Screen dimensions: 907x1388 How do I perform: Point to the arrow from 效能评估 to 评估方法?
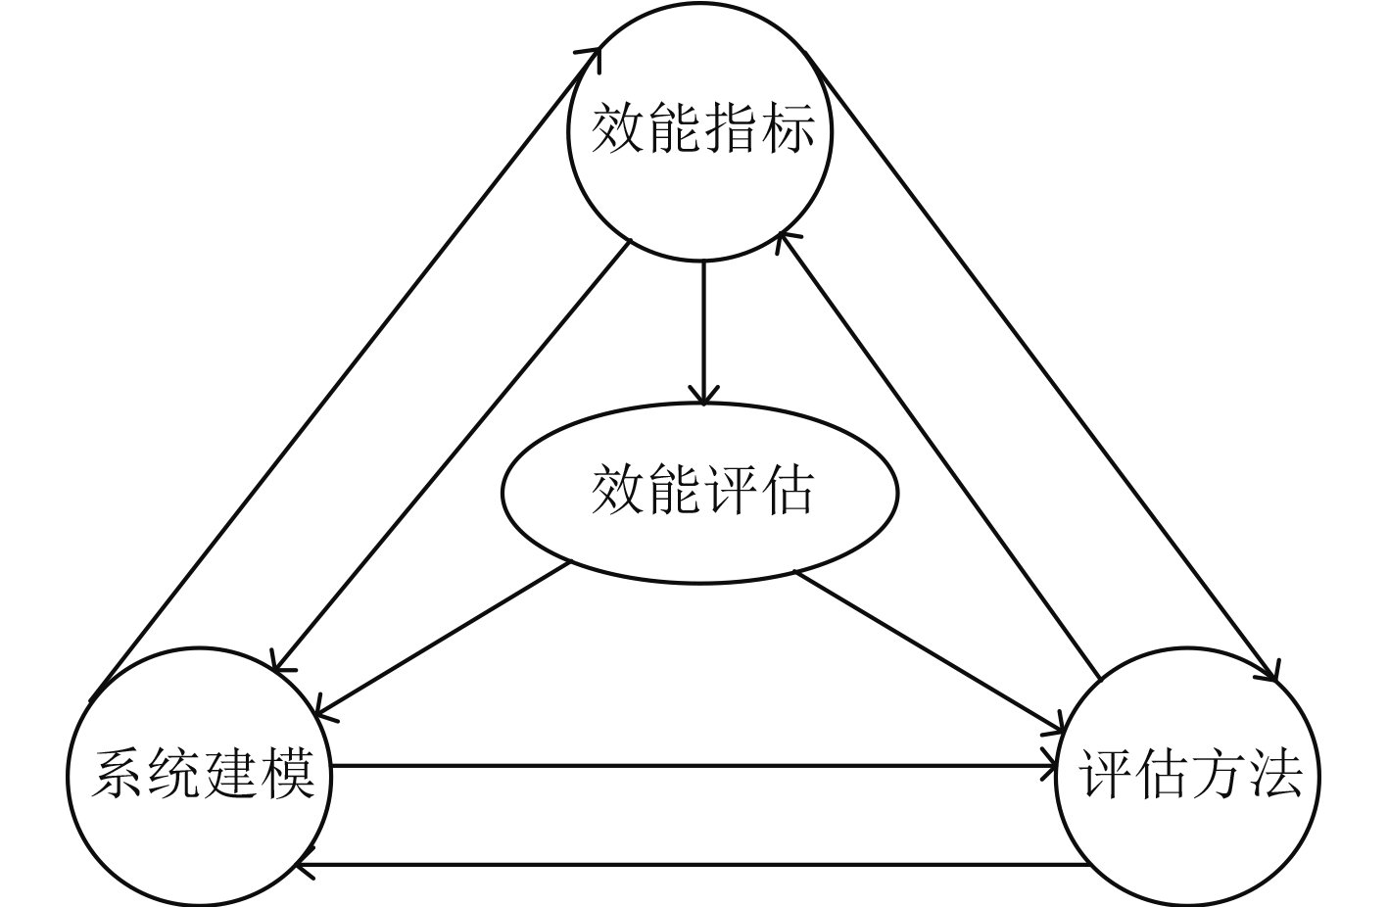point(931,652)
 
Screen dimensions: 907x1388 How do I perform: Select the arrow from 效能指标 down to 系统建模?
point(451,456)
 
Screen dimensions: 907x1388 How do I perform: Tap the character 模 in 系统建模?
point(289,774)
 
